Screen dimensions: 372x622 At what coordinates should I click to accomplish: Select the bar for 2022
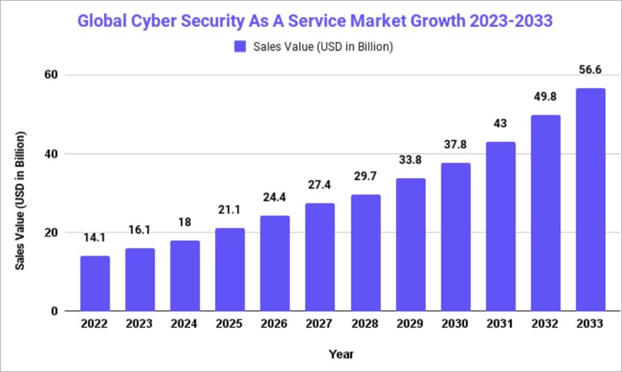[95, 283]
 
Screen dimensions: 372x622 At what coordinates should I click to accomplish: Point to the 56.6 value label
[591, 70]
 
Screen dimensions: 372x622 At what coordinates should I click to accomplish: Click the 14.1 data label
[95, 237]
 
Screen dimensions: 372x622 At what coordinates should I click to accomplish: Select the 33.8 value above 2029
[411, 160]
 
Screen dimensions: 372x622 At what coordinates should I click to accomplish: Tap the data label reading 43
[501, 124]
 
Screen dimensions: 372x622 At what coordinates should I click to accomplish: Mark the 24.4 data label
[275, 197]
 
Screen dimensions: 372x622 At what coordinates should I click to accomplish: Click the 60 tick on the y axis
[50, 75]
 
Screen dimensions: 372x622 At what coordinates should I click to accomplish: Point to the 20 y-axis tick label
[50, 233]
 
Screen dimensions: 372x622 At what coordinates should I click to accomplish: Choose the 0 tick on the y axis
[54, 311]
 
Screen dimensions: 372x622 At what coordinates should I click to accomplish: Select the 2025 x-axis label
[231, 324]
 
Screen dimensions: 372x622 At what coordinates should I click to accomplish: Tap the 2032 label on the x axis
[545, 324]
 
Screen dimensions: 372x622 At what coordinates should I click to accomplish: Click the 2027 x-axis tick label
[321, 324]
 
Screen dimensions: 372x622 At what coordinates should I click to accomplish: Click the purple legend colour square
[240, 47]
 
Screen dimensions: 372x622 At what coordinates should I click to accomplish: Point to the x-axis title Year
[342, 354]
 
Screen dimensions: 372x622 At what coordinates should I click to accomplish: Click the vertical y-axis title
[22, 201]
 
